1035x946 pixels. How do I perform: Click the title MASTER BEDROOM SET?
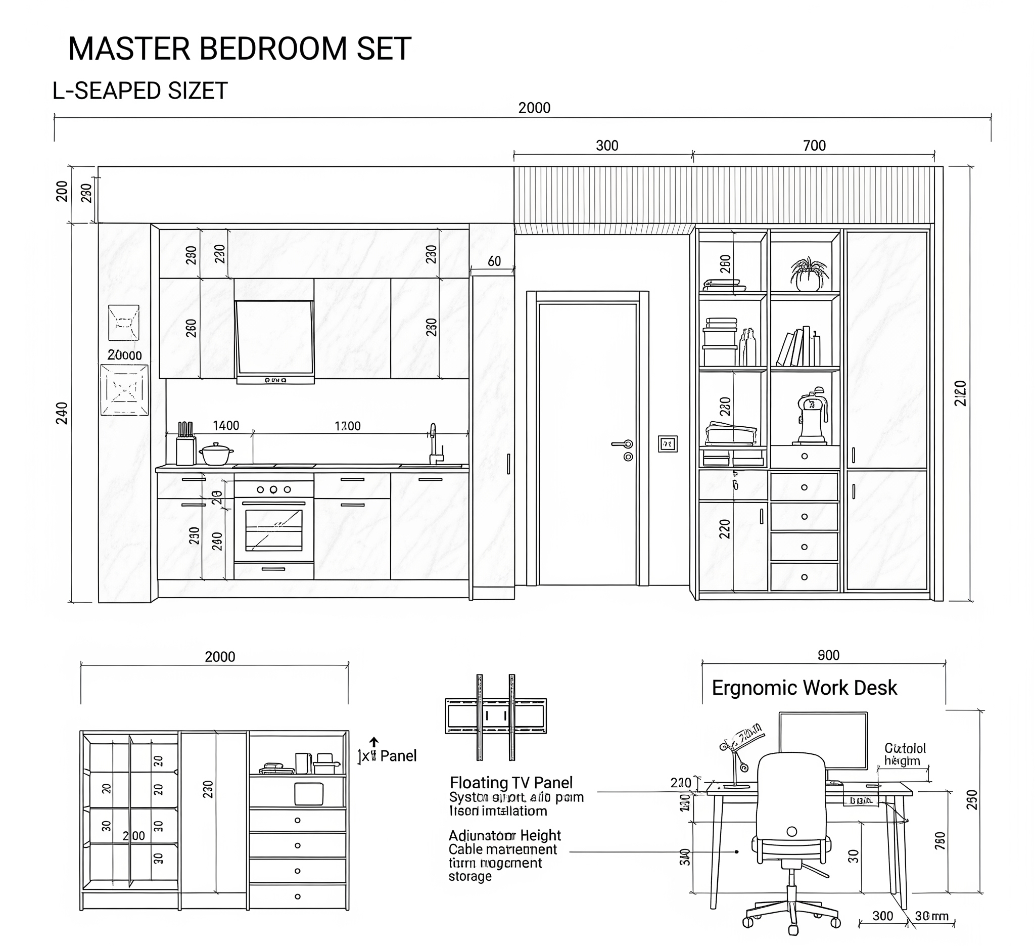239,50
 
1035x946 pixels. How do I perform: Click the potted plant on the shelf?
809,274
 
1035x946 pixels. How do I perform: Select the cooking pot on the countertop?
216,454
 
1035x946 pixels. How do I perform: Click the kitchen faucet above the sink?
434,445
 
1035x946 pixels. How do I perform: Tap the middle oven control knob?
273,489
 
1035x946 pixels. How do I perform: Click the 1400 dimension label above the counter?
226,426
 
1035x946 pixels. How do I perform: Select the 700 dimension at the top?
814,146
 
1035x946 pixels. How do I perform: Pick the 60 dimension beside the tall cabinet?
494,261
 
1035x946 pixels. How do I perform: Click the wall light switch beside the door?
668,444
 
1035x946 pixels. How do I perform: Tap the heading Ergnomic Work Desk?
804,688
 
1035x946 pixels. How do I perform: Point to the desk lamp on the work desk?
739,755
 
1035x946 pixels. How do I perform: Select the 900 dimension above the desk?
828,655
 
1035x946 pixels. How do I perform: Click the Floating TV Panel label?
511,783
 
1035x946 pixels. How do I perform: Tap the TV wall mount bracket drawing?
495,716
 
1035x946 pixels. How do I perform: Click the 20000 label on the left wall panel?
124,355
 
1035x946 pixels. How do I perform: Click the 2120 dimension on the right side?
961,393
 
